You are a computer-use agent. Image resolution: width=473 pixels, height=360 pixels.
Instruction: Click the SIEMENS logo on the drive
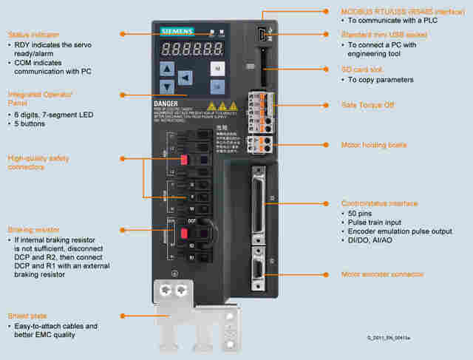tap(177, 31)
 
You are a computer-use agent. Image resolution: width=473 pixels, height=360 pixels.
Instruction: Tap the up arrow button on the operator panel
tap(167, 69)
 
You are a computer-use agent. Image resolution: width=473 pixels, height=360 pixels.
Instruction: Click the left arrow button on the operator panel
tap(186, 78)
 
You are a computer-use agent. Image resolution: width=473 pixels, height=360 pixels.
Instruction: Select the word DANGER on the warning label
tap(166, 104)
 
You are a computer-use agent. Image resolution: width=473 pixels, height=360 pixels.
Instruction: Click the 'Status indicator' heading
tap(33, 35)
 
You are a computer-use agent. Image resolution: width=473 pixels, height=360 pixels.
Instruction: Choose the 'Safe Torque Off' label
tap(367, 105)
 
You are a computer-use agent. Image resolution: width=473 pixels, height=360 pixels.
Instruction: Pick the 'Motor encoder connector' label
tap(383, 274)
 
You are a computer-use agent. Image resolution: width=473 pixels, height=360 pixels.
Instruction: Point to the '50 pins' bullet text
tap(363, 213)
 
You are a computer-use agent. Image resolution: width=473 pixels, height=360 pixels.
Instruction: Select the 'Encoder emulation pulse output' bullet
tap(400, 231)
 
